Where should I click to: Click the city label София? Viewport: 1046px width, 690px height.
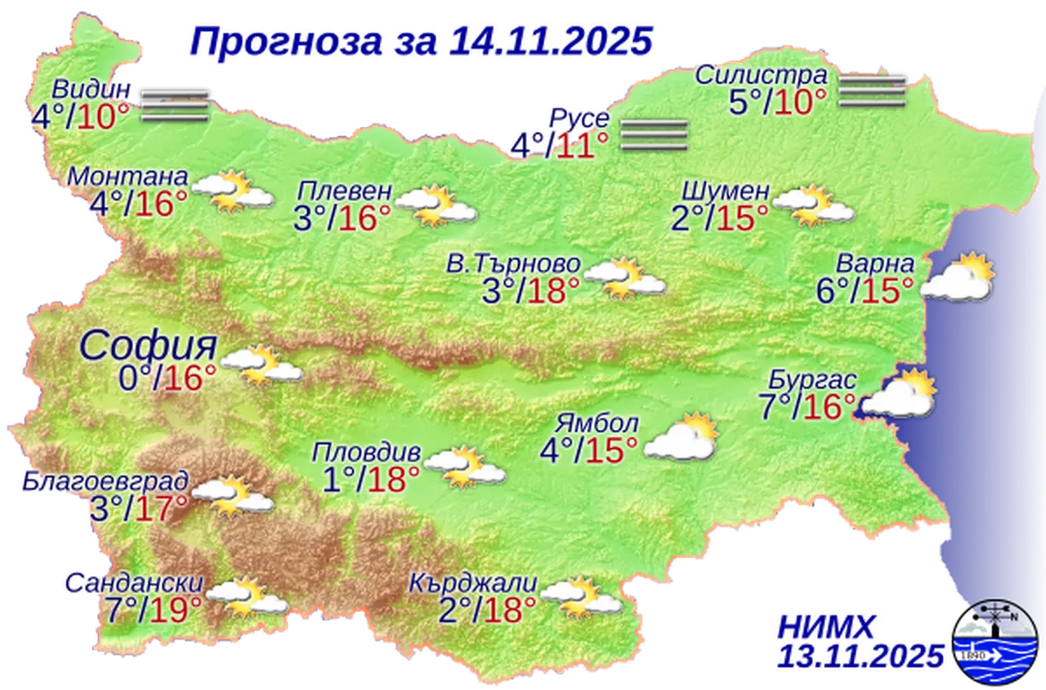(x=148, y=347)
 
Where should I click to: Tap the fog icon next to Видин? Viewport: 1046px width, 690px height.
(x=172, y=105)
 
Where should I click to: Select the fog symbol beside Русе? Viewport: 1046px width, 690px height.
(x=653, y=135)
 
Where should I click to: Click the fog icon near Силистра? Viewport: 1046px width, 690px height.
(x=873, y=91)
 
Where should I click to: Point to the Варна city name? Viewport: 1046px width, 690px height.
(x=874, y=265)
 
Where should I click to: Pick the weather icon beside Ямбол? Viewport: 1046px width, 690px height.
(x=682, y=437)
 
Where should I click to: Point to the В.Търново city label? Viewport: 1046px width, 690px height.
(x=513, y=264)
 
